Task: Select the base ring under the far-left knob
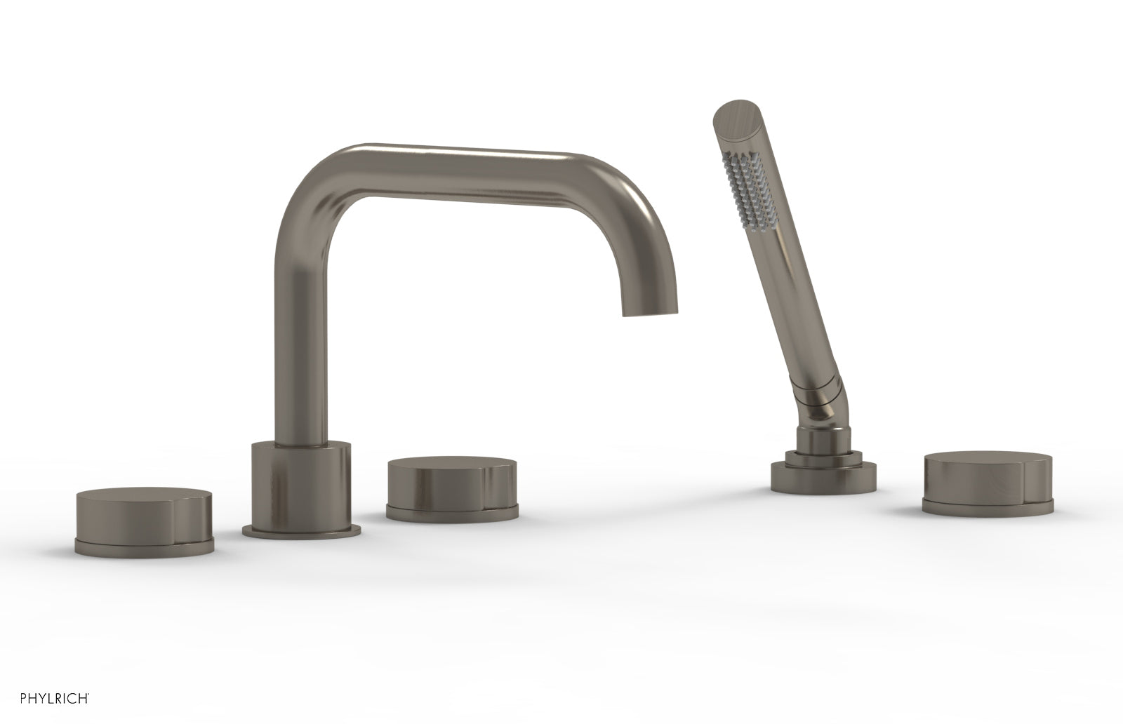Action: tap(143, 546)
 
